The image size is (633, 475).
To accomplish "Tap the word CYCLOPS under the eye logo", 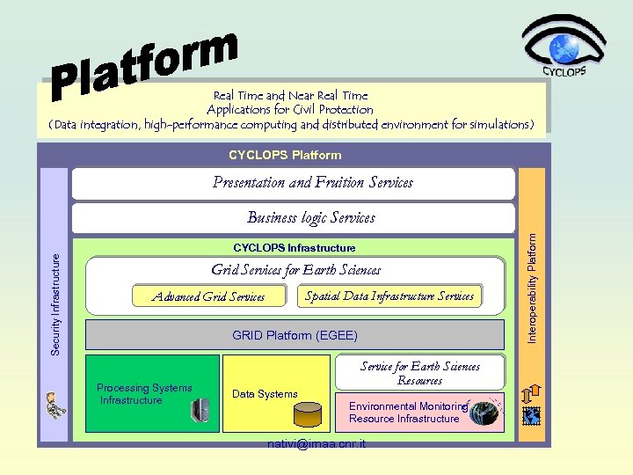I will click(x=564, y=72).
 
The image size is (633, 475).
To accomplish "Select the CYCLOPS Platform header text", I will click(x=285, y=155).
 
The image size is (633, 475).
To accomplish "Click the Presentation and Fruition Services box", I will click(x=293, y=183).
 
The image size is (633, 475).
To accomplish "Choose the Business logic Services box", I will click(x=293, y=217).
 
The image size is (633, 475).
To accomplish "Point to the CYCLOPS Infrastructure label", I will click(x=294, y=248).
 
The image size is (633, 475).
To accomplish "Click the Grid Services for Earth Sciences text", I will click(x=295, y=270).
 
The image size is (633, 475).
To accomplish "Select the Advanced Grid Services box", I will click(x=208, y=296).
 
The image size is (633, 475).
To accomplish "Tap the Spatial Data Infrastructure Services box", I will click(x=389, y=296).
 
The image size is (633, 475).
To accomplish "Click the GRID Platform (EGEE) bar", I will click(x=295, y=335).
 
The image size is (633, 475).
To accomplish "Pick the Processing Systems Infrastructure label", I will click(x=143, y=394).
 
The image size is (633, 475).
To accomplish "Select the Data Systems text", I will click(x=265, y=394).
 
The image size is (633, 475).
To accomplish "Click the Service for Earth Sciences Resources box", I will click(x=419, y=373).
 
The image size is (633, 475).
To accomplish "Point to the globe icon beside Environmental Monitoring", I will click(x=483, y=412).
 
